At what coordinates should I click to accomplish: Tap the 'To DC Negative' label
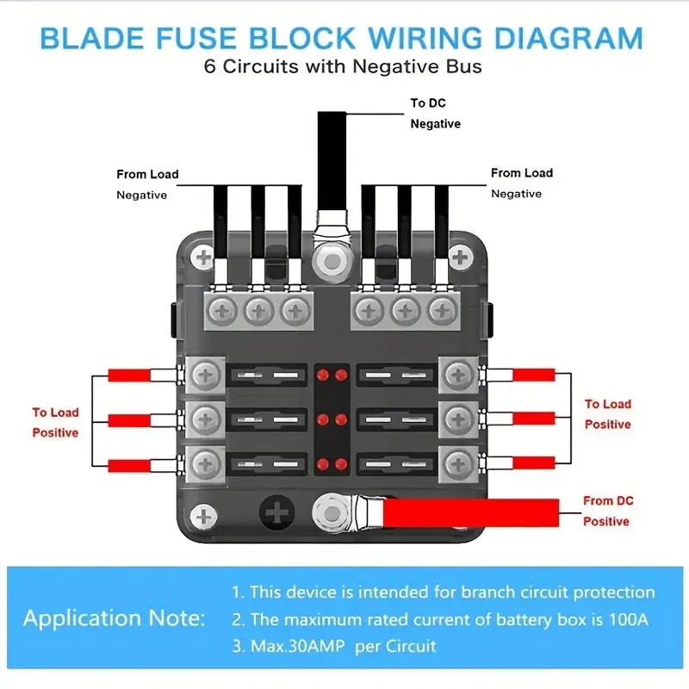tap(435, 114)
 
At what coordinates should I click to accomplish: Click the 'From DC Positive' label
tap(607, 511)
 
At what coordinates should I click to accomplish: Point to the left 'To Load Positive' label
tap(56, 422)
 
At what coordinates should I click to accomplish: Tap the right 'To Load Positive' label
tap(608, 413)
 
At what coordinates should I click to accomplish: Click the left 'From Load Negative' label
tap(147, 183)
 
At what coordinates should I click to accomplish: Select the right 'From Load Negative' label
tap(522, 183)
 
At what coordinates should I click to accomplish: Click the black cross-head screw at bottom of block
tap(277, 513)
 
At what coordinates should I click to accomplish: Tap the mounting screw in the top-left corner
tap(203, 257)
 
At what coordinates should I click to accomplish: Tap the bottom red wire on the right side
tap(533, 463)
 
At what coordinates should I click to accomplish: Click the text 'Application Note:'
tap(115, 618)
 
